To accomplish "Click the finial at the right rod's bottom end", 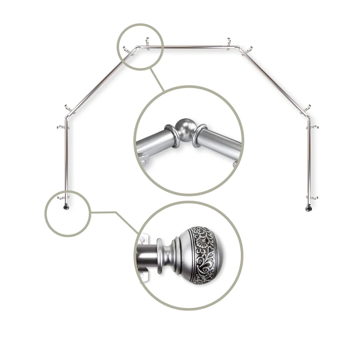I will tap(308, 208).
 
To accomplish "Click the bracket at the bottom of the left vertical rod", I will tap(64, 197).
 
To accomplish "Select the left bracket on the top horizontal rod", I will tap(147, 43).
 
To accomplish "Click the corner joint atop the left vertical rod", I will tap(67, 118).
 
